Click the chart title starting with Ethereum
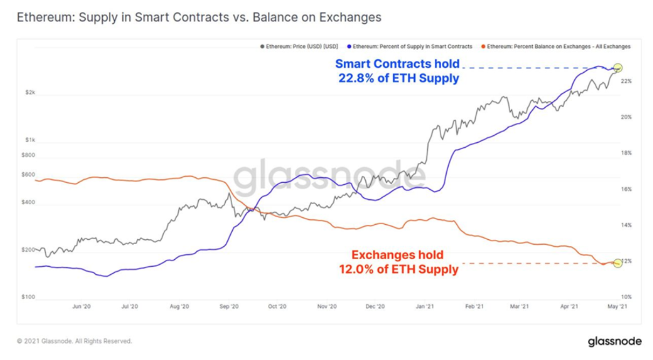point(199,17)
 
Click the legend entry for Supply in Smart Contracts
point(410,47)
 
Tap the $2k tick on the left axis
point(31,93)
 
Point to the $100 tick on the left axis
point(29,297)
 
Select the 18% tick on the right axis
point(626,153)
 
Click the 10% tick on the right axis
point(626,297)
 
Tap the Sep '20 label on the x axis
point(229,306)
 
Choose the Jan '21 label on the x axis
point(425,306)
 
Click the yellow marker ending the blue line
point(618,68)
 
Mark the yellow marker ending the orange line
point(618,263)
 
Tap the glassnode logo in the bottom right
point(614,342)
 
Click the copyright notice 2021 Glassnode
point(74,341)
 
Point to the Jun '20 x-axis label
point(81,306)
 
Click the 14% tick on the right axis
point(626,225)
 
